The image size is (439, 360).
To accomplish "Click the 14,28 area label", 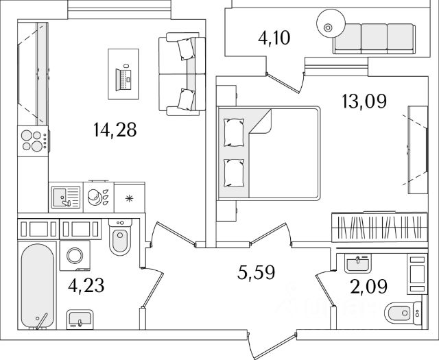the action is (x=115, y=130).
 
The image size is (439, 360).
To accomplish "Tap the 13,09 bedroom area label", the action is (x=364, y=101).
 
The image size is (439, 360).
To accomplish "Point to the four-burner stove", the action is (x=32, y=141).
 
